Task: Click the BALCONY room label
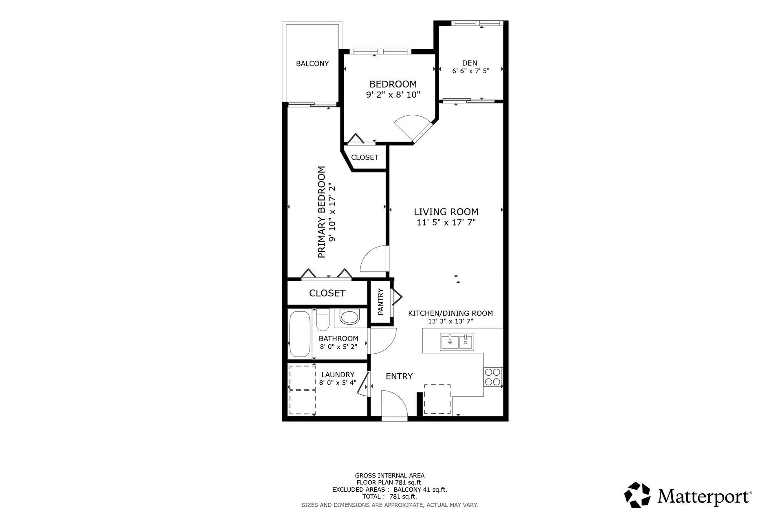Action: [x=312, y=63]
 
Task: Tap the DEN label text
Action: [x=470, y=63]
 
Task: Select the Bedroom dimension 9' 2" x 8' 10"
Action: [x=393, y=95]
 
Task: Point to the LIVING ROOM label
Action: [x=446, y=212]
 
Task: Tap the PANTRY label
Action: [x=381, y=302]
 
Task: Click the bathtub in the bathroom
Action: [x=301, y=335]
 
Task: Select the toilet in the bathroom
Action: [x=323, y=320]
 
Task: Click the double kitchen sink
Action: [x=457, y=342]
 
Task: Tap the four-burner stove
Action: [x=493, y=377]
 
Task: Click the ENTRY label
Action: [x=399, y=377]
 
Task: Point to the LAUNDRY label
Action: [x=338, y=375]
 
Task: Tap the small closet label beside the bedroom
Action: [x=365, y=158]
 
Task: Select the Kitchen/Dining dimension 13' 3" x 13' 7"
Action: [x=450, y=322]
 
